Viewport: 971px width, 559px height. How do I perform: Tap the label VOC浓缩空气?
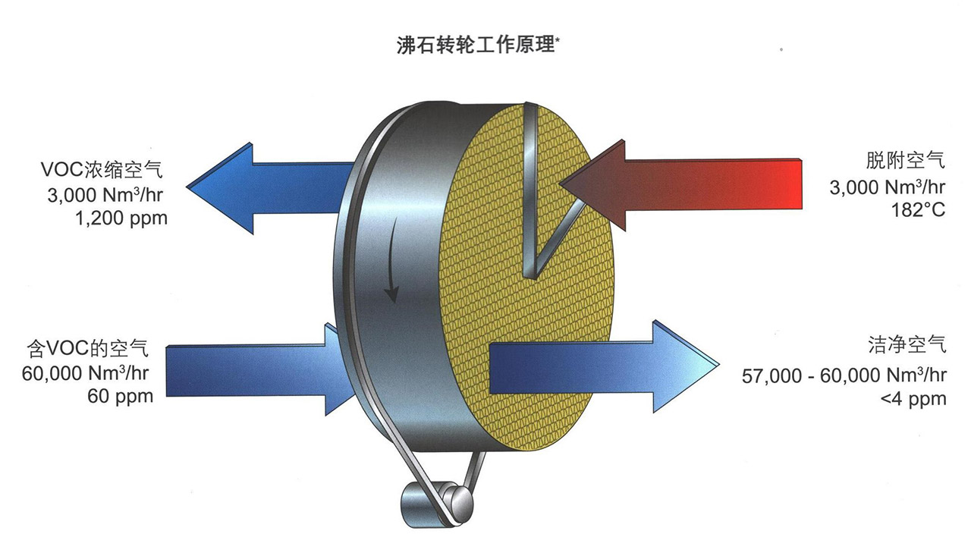click(102, 168)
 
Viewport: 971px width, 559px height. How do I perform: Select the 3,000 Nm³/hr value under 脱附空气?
click(888, 186)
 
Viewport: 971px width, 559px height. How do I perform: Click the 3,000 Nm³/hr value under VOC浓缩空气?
click(105, 194)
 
